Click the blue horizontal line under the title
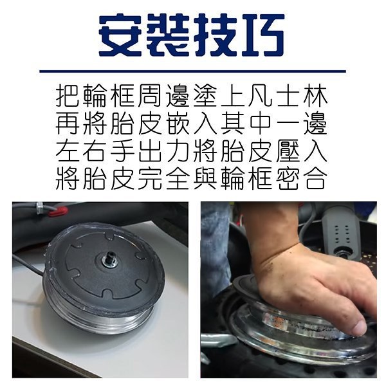click(x=193, y=71)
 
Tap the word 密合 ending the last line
click(x=302, y=178)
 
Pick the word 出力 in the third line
click(x=164, y=151)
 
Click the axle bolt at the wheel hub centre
click(x=109, y=259)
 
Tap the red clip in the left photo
click(x=58, y=211)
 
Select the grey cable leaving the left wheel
click(x=28, y=264)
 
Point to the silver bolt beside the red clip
click(x=39, y=207)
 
